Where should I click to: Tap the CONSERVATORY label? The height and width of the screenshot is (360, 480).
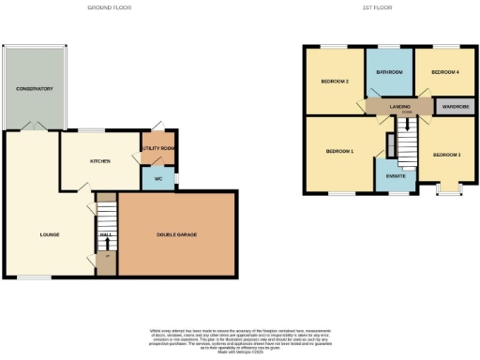[34, 88]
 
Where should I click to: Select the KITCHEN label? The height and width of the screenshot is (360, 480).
[100, 161]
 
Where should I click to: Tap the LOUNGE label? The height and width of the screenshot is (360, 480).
[51, 234]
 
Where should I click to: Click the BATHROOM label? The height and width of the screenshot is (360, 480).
[389, 72]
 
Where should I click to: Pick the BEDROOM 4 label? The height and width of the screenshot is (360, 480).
[442, 72]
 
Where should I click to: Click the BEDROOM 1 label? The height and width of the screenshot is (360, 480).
[339, 151]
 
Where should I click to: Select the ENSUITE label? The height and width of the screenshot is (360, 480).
[389, 174]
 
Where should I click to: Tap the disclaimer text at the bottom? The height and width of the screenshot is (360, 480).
[240, 338]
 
